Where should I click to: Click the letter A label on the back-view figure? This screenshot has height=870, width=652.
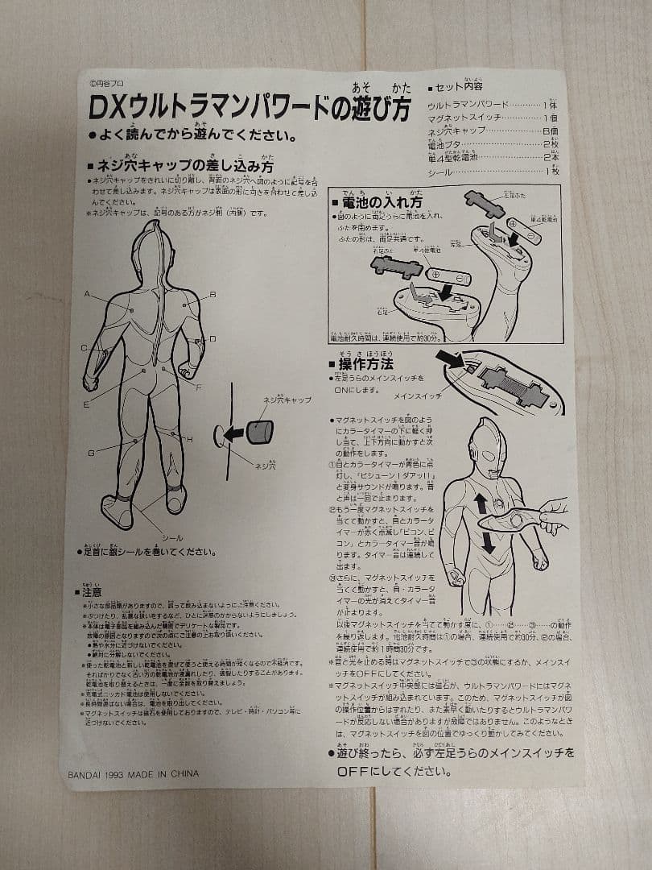[87, 293]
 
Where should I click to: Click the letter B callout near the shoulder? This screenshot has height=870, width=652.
[213, 295]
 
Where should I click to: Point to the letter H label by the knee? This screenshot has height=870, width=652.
[190, 439]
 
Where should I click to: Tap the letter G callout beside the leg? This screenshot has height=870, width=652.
[91, 453]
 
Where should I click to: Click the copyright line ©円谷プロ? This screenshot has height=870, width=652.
[107, 83]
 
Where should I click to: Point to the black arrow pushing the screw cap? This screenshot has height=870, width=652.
[233, 434]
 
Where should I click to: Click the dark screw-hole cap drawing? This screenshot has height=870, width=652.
[259, 430]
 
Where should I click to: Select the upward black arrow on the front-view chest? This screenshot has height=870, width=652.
[481, 504]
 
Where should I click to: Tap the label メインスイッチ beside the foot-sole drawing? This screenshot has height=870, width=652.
[418, 396]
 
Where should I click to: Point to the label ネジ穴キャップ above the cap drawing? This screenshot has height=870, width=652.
[287, 400]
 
